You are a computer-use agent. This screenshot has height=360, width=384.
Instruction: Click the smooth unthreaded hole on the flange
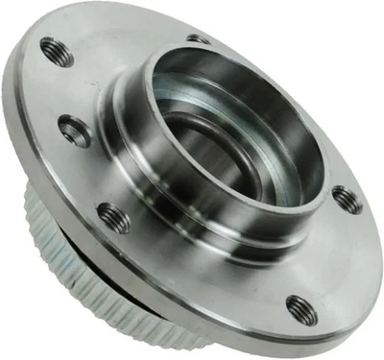pyautogui.click(x=75, y=130)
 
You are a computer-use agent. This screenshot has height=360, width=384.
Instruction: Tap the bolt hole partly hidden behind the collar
pyautogui.click(x=199, y=39)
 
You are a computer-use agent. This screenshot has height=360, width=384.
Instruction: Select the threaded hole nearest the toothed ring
pyautogui.click(x=113, y=217)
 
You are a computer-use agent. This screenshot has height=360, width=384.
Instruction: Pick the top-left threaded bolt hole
pyautogui.click(x=57, y=52)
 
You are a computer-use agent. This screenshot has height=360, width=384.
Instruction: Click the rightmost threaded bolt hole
pyautogui.click(x=347, y=200)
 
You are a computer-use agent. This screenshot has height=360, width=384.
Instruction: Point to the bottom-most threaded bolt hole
pyautogui.click(x=301, y=309)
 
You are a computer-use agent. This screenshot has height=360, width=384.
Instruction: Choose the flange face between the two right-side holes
pyautogui.click(x=331, y=254)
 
